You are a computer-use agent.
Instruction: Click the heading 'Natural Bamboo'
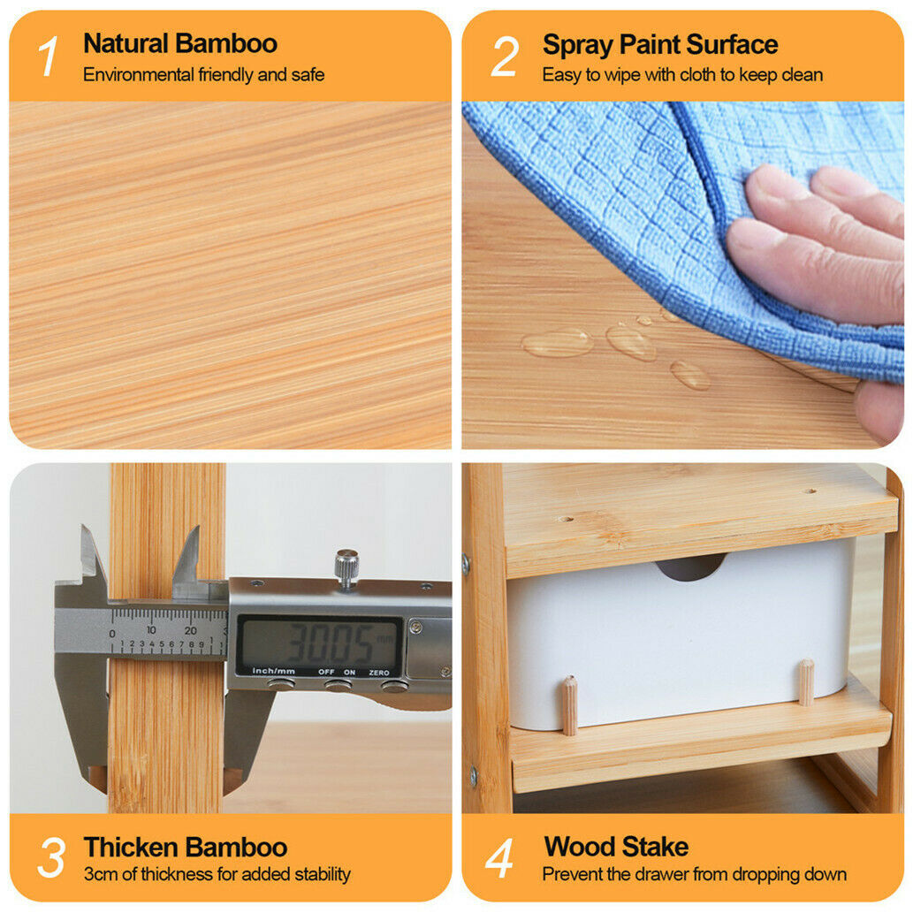pyautogui.click(x=180, y=43)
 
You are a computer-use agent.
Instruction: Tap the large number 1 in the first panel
pyautogui.click(x=49, y=57)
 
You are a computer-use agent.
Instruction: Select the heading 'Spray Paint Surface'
pyautogui.click(x=659, y=45)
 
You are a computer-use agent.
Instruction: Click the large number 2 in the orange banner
pyautogui.click(x=505, y=57)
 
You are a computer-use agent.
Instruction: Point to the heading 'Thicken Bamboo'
pyautogui.click(x=185, y=848)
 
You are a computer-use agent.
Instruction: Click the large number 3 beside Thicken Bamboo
pyautogui.click(x=51, y=857)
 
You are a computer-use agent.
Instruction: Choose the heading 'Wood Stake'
pyautogui.click(x=616, y=847)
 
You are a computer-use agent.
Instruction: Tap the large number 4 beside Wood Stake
pyautogui.click(x=499, y=857)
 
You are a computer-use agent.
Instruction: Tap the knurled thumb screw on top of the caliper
pyautogui.click(x=346, y=568)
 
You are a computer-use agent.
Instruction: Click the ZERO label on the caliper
pyautogui.click(x=379, y=673)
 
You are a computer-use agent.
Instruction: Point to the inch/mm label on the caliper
pyautogui.click(x=273, y=672)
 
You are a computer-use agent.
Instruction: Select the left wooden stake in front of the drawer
pyautogui.click(x=569, y=705)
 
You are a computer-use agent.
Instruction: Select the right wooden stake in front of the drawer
pyautogui.click(x=806, y=682)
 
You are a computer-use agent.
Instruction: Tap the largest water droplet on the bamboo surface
pyautogui.click(x=558, y=342)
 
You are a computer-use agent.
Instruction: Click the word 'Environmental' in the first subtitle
pyautogui.click(x=139, y=74)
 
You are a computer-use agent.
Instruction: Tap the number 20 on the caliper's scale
pyautogui.click(x=190, y=630)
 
